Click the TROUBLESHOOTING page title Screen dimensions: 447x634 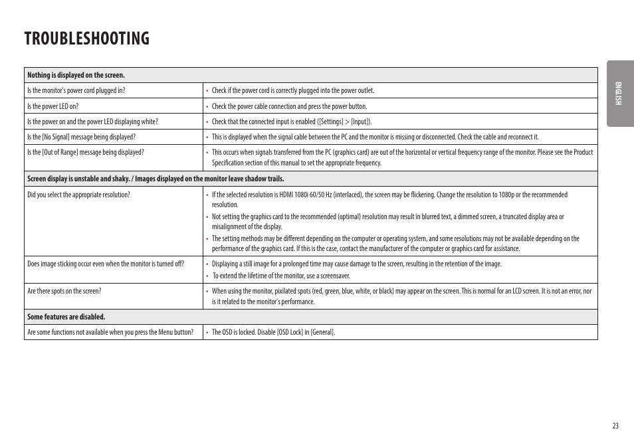pos(87,39)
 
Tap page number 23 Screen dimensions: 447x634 pos(615,426)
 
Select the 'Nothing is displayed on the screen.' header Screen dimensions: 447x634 pos(76,75)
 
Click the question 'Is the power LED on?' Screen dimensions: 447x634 pos(53,106)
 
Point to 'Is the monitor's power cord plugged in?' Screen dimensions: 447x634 pos(76,91)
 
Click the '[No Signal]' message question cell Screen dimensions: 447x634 pos(81,137)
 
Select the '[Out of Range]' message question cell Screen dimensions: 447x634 pos(85,152)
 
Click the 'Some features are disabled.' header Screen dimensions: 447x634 pos(66,317)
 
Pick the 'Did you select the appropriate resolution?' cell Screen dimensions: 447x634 pos(78,195)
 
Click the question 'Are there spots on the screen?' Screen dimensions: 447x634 pos(64,291)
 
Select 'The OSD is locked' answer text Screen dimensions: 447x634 pos(238,332)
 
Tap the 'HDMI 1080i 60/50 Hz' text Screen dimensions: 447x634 pos(300,195)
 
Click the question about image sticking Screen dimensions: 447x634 pos(106,264)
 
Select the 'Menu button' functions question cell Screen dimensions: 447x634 pos(110,332)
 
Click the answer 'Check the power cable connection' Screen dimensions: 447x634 pos(289,106)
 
